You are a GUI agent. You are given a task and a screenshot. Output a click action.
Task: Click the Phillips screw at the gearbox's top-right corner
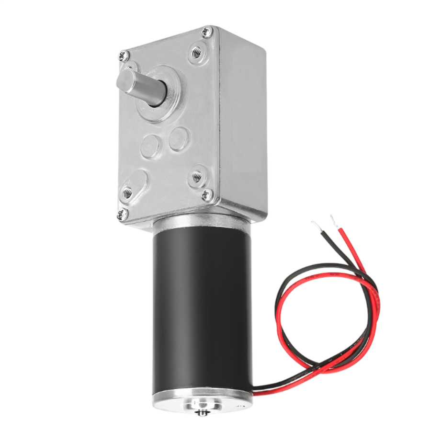point(207,33)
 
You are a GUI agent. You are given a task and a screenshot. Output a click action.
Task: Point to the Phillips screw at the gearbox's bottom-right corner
point(207,194)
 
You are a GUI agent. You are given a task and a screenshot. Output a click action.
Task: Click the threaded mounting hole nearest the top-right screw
point(196,53)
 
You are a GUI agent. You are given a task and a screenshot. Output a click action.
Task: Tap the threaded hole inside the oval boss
point(127,193)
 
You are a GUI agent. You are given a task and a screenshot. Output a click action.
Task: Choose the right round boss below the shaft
point(179,138)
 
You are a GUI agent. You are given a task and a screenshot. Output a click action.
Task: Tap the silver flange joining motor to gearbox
point(201,225)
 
